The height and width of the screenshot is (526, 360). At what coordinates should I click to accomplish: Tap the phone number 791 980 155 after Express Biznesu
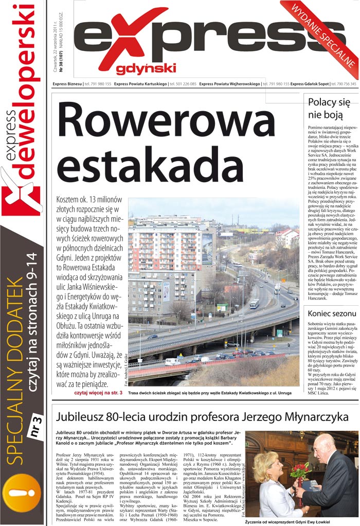[x=98, y=83]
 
